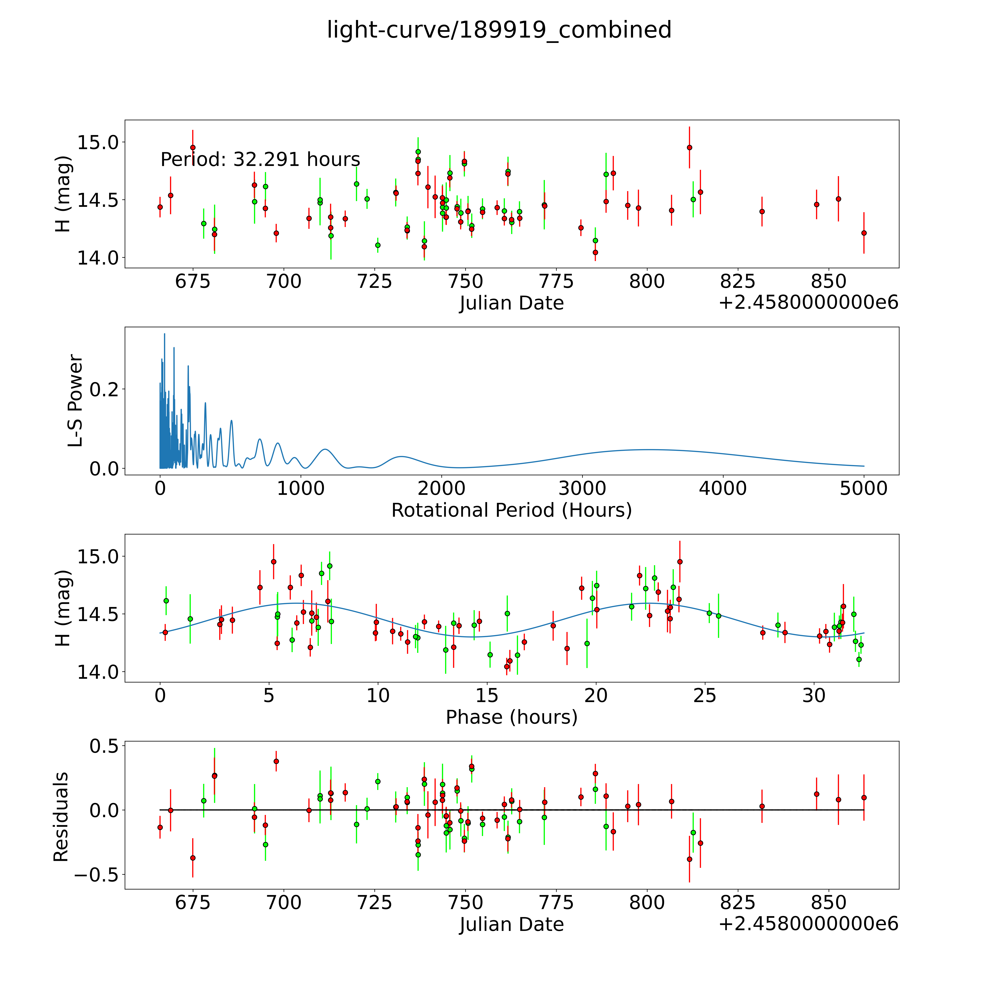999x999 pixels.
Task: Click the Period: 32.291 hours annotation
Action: (x=260, y=159)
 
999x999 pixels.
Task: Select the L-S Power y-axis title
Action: (x=75, y=401)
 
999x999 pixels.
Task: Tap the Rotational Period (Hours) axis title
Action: (x=511, y=510)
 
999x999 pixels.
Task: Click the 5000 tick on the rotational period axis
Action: (x=864, y=488)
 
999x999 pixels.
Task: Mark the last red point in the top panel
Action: (x=864, y=233)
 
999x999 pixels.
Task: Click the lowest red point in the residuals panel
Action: (x=689, y=859)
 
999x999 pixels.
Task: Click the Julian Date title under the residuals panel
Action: (x=511, y=925)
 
